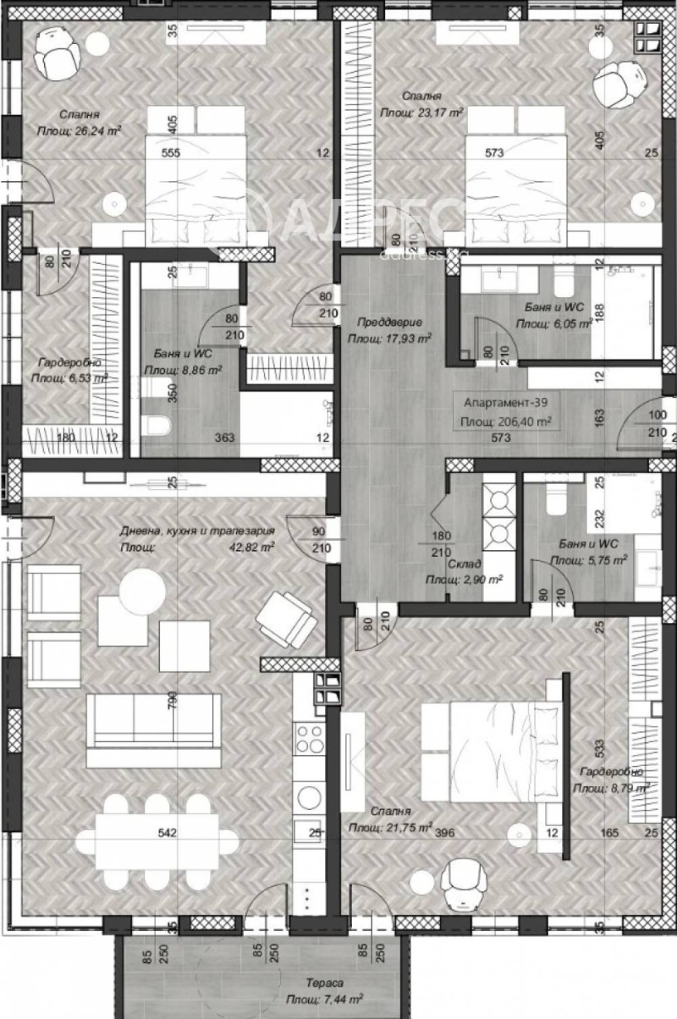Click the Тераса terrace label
point(324,983)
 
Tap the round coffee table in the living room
point(142,590)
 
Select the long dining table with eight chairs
point(157,834)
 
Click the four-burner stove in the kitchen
point(308,737)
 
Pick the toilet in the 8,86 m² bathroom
point(158,426)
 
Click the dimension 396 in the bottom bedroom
point(445,833)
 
